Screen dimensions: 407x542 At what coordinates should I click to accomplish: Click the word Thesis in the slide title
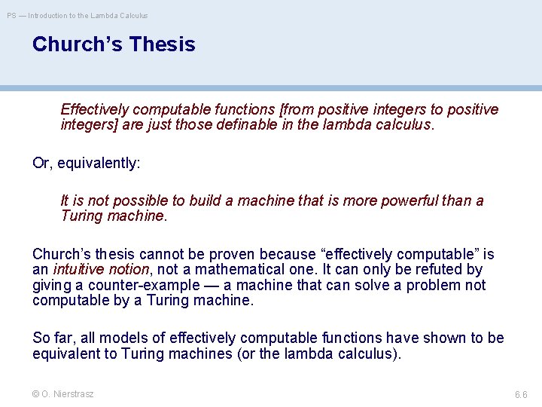(162, 44)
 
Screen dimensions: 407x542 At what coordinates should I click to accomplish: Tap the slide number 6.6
(521, 395)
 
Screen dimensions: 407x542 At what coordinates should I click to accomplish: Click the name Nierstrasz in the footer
(74, 394)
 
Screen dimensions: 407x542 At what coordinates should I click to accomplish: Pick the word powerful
(413, 200)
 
